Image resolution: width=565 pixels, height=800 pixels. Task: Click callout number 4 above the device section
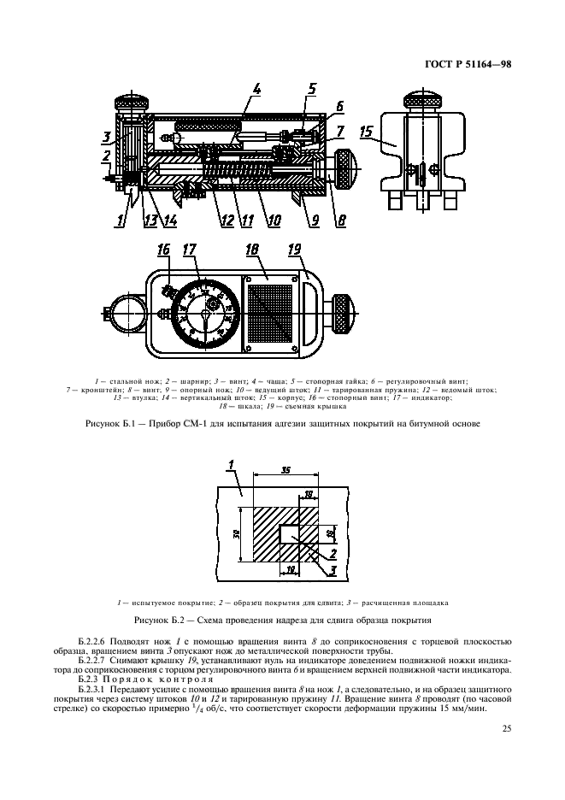(257, 89)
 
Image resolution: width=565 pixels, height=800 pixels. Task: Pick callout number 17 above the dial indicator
(190, 250)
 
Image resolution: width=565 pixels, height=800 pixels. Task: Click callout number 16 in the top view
(162, 250)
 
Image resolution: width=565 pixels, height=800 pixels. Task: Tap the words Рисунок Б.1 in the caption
(110, 424)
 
